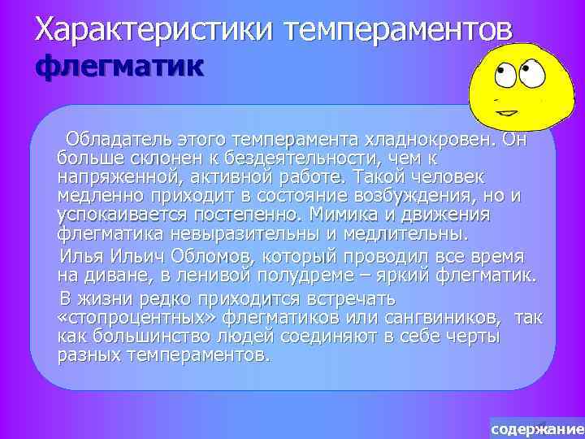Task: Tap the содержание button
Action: pos(537,428)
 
